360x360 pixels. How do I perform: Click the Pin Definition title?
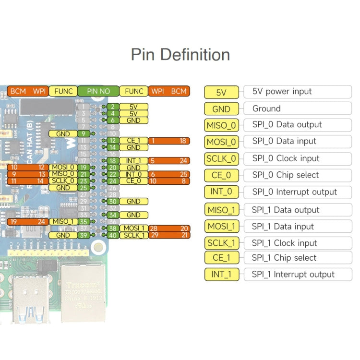(x=180, y=54)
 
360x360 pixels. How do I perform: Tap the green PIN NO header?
(x=98, y=91)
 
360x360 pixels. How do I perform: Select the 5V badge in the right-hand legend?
(x=221, y=92)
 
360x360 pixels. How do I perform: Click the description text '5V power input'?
(x=282, y=91)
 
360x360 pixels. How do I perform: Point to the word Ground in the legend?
(x=266, y=108)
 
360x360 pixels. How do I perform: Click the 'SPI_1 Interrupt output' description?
(x=293, y=274)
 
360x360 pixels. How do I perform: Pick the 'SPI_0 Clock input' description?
(x=286, y=158)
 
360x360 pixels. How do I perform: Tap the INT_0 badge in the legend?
(x=221, y=192)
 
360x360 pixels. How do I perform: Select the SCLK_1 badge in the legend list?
(x=221, y=243)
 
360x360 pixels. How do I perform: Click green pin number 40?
(x=112, y=235)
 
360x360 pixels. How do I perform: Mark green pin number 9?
(x=84, y=133)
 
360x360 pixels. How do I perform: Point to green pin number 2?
(x=112, y=107)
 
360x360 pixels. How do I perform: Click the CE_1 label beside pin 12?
(x=133, y=141)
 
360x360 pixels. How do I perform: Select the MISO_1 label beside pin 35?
(x=63, y=221)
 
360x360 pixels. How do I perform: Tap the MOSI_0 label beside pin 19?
(x=63, y=167)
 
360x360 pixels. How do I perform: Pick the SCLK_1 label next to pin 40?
(x=133, y=235)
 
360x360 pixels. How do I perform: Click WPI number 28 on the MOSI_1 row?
(x=154, y=228)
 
